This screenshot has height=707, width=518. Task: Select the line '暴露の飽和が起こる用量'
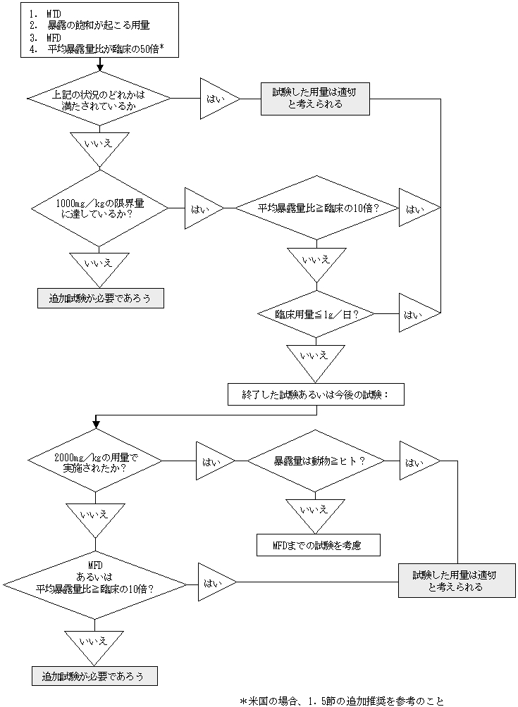(98, 25)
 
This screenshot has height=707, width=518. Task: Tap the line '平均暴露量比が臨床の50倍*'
(106, 49)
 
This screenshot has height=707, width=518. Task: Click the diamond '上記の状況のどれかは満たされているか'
(99, 99)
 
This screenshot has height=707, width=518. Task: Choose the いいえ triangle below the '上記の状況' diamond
(99, 144)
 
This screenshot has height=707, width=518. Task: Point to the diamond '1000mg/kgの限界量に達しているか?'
(99, 208)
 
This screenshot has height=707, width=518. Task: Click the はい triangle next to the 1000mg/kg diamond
(203, 208)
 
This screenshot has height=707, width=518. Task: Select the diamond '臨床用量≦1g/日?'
(316, 313)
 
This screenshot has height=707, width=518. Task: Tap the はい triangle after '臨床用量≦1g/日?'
(417, 313)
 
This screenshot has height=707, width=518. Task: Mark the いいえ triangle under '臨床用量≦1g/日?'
(316, 356)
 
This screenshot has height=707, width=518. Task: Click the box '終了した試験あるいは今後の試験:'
(316, 394)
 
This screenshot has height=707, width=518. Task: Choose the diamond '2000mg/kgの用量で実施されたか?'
(96, 462)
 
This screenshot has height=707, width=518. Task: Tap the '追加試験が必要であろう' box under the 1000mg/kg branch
(100, 298)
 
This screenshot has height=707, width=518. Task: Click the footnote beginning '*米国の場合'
(342, 701)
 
